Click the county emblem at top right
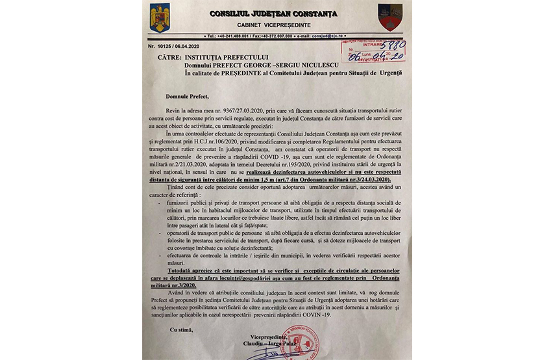(389, 17)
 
